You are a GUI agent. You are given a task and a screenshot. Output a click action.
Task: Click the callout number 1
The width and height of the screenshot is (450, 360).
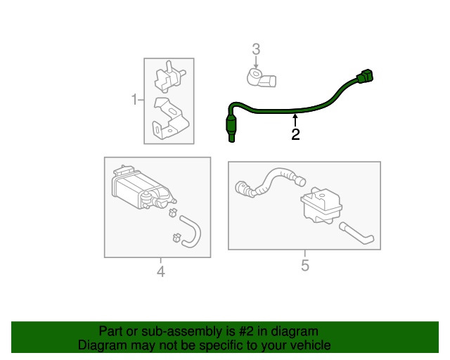[x=134, y=100]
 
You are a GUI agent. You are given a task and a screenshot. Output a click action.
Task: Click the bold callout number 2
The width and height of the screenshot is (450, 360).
[x=295, y=134]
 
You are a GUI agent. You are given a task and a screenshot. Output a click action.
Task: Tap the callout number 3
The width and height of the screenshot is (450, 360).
[x=256, y=49]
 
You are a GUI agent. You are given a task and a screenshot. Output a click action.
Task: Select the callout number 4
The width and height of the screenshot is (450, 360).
[x=161, y=271]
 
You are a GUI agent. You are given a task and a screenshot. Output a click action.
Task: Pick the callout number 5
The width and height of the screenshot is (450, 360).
[x=305, y=265]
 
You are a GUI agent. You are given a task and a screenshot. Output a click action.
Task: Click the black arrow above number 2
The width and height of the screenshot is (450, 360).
[x=295, y=120]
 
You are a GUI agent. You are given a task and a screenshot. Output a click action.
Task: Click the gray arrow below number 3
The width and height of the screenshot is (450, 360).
[x=256, y=63]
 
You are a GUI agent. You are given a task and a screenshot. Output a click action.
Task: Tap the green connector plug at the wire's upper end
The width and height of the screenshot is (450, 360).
[x=364, y=76]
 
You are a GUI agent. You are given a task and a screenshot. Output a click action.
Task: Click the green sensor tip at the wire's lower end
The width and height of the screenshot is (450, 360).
[x=231, y=129]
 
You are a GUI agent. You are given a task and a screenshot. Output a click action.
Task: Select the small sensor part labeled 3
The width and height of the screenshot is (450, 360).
[x=261, y=77]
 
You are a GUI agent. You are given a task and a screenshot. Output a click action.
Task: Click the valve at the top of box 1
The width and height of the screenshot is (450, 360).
[x=169, y=77]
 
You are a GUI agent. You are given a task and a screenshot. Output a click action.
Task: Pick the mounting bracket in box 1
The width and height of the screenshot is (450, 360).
[x=170, y=119]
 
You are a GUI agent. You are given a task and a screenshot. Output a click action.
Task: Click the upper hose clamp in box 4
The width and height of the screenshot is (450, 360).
[x=172, y=212]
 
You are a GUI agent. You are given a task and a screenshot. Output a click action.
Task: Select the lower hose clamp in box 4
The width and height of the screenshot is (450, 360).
[x=176, y=238]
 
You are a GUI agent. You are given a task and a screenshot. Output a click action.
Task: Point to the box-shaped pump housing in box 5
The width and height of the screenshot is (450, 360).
[x=321, y=205]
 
